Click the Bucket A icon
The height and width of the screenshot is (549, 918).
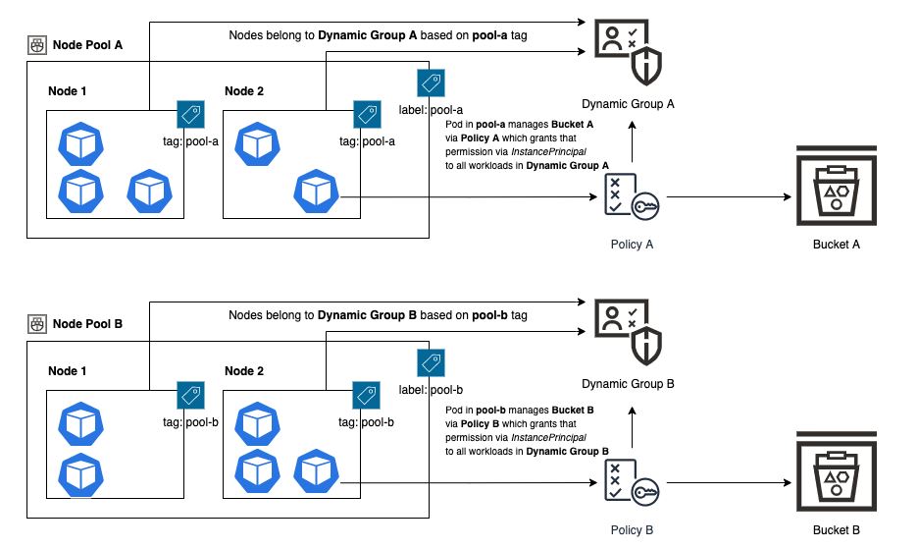point(836,188)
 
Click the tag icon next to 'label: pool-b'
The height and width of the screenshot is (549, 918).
point(430,361)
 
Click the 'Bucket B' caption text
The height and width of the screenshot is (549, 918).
point(836,530)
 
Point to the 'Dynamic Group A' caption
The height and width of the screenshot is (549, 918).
point(628,103)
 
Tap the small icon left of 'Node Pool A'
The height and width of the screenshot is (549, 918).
point(37,45)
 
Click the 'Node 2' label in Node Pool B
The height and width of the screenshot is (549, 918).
point(245,370)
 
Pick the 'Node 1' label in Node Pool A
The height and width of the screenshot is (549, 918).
point(68,91)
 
